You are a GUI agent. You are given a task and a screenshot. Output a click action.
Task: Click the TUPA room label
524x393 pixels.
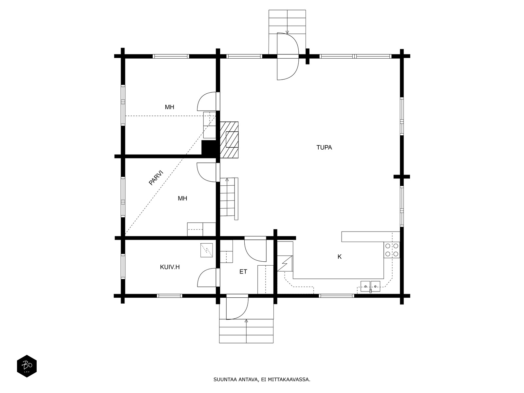[x=324, y=147]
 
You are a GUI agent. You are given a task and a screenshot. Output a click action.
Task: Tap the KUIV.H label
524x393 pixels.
[x=170, y=267]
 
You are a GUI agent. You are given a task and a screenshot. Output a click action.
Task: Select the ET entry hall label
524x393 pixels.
[x=243, y=271]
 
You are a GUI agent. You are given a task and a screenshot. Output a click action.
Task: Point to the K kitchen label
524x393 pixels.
[x=340, y=257]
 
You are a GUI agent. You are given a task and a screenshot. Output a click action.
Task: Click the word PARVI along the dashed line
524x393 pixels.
[x=156, y=178]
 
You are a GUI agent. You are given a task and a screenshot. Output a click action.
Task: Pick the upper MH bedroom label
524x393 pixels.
[x=170, y=107]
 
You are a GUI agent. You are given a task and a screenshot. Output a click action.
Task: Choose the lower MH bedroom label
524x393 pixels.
[x=182, y=198]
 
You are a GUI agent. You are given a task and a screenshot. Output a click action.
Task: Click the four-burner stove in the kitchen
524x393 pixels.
[x=392, y=250]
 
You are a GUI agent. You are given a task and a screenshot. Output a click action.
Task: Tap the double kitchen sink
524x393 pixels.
[x=370, y=286]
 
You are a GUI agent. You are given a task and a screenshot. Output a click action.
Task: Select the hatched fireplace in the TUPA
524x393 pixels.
[x=229, y=140]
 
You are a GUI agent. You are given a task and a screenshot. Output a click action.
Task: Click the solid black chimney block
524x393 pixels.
[x=209, y=148]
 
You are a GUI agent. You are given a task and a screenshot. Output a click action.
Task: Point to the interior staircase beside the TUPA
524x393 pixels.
[x=229, y=198]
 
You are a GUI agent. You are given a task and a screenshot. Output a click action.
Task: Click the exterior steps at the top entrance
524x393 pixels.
[x=287, y=32]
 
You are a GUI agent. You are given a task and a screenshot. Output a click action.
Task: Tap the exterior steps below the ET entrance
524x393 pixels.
[x=246, y=331]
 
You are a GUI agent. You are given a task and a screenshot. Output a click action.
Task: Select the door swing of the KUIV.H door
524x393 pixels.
[x=207, y=277]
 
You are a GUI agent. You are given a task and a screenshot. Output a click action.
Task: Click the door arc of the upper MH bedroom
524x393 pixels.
[x=207, y=102]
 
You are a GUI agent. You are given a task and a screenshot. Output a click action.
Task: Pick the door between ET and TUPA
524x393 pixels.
[x=255, y=249]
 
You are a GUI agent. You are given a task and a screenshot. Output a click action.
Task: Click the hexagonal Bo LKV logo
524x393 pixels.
[x=27, y=366]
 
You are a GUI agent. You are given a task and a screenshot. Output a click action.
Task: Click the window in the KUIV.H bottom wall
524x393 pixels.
[x=170, y=296]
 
